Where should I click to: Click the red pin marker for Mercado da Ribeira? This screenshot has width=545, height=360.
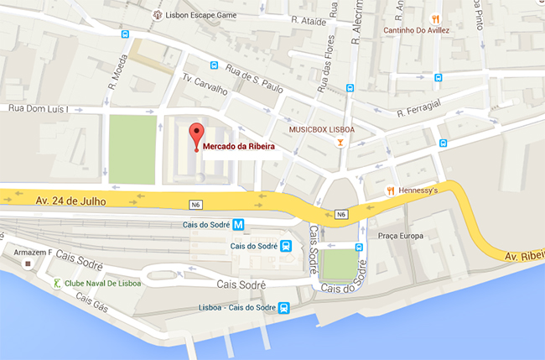coord(196,134)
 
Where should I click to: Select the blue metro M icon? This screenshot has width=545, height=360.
coord(239,224)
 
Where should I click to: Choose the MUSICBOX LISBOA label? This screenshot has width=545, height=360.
coord(322,129)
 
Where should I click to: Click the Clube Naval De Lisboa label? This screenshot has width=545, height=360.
coord(103,283)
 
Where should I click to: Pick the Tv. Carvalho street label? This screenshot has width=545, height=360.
coord(206,85)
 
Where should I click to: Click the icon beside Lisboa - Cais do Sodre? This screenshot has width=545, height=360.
coord(284,308)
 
